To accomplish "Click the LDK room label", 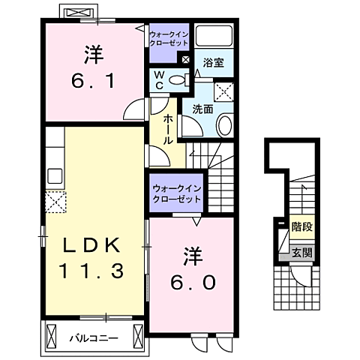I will tap(91, 244).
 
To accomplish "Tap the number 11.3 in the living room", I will tap(91, 270).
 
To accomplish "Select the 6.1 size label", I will tap(93, 78).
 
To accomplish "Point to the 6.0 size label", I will tap(195, 282).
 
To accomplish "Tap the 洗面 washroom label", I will tap(202, 109).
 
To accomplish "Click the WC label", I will tap(160, 79).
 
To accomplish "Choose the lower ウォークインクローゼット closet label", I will tap(176, 194).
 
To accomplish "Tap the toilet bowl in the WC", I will tap(177, 80).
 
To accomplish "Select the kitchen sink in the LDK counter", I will tap(55, 176).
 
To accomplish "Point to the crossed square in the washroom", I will tap(224, 92).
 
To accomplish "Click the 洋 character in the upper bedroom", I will tap(93, 54).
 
